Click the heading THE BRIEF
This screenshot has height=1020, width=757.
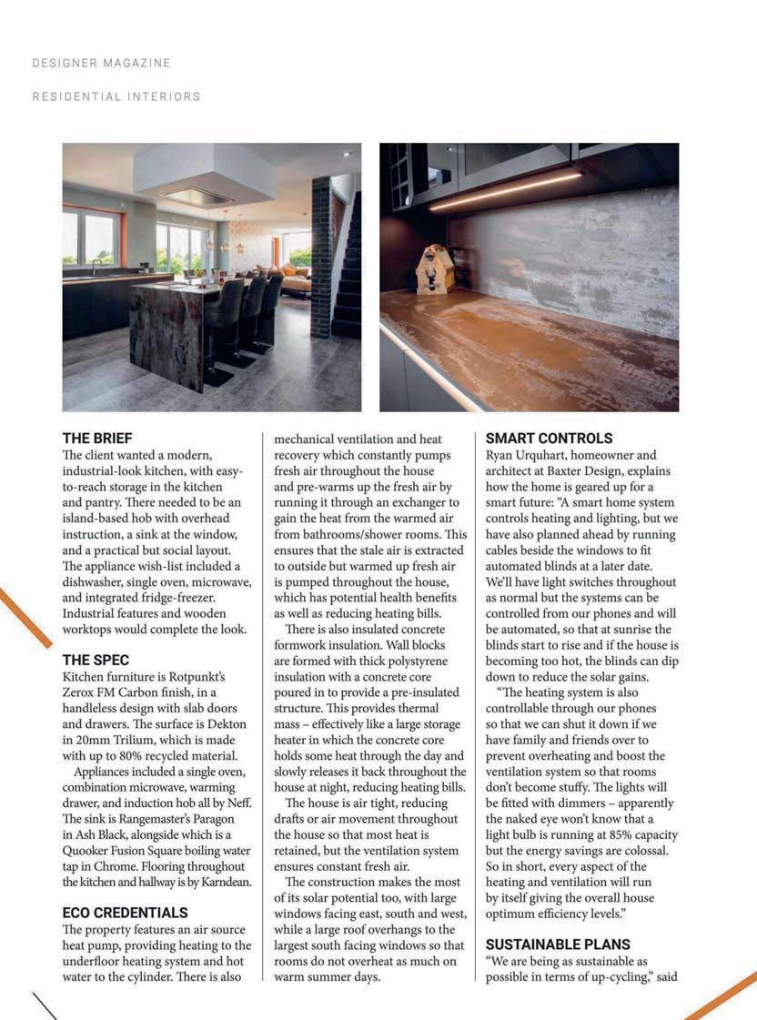[97, 438]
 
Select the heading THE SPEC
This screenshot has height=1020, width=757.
[96, 660]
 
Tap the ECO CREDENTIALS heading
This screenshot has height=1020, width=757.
[125, 913]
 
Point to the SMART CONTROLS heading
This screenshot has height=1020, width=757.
[549, 438]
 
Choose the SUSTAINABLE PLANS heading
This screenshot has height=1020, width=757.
[558, 944]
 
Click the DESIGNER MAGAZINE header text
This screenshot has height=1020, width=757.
[101, 63]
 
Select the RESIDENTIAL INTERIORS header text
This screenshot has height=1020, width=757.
[116, 96]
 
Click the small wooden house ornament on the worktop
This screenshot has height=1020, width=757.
[434, 268]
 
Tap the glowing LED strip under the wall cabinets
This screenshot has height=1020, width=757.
[505, 191]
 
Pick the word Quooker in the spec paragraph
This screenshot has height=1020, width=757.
[92, 851]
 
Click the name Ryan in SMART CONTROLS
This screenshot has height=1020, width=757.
[501, 455]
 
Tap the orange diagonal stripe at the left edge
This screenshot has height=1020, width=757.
[25, 617]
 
